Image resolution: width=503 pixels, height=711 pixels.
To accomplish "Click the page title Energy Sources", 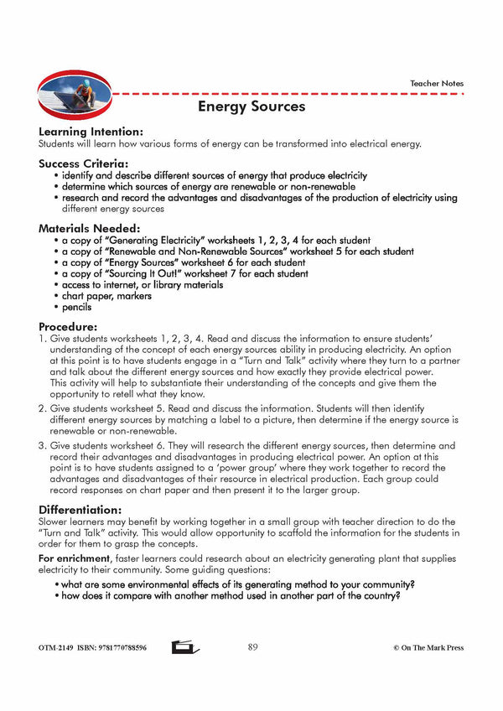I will coord(251,106).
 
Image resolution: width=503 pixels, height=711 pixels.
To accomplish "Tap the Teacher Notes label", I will coord(436,84).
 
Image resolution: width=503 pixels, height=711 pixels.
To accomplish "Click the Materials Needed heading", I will coord(89,227).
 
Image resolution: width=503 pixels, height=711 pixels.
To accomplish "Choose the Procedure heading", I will coord(68,326).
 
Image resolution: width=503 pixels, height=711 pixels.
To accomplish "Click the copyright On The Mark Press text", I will coord(428,648).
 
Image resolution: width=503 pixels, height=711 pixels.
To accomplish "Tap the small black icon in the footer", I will coord(184,647).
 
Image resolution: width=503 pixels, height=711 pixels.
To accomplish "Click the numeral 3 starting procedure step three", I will coord(42,445).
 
